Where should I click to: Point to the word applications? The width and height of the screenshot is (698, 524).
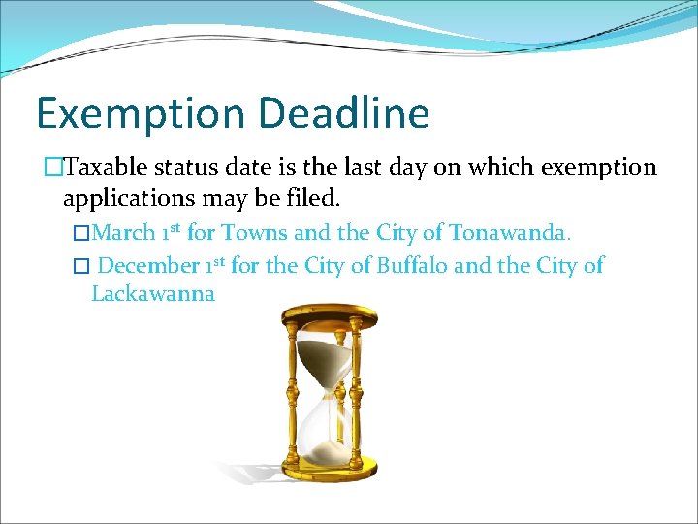124,200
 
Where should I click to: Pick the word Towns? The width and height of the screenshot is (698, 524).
255,233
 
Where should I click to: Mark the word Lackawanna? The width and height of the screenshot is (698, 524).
153,294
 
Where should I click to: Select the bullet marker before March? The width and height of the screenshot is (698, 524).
81,234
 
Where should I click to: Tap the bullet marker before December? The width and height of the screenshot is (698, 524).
81,266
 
